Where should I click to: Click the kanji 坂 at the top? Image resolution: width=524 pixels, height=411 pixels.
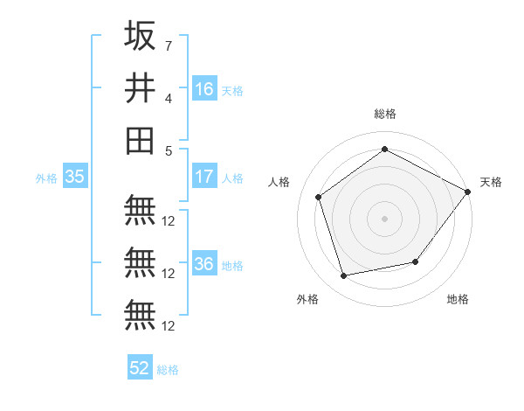point(140,37)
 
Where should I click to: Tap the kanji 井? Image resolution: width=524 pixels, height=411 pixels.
point(140,87)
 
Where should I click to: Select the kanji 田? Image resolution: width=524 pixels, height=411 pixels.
point(140,140)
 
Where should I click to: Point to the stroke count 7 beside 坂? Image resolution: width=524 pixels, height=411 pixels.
point(168,45)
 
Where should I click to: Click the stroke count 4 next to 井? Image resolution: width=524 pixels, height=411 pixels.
point(168,98)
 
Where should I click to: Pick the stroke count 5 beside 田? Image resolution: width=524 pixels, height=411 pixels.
point(168,150)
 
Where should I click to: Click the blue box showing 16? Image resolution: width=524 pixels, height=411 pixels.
point(204,88)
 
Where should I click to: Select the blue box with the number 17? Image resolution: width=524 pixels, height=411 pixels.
point(204,177)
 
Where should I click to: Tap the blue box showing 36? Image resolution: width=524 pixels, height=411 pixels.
point(204,265)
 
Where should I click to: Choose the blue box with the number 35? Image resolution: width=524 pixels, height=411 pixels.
point(74,177)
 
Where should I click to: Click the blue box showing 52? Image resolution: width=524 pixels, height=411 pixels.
point(140,368)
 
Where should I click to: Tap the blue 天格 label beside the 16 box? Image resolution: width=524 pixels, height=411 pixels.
point(232,90)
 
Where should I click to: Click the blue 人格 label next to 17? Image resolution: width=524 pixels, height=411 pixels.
point(232,178)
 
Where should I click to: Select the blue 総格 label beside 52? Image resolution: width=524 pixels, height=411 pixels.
point(168,370)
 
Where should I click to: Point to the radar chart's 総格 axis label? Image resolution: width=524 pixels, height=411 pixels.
point(384,114)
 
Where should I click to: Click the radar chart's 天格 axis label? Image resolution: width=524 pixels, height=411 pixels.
point(491,182)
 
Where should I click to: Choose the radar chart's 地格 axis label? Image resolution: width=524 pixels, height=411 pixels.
point(458,299)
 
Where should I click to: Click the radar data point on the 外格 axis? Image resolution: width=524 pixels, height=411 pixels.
point(344,276)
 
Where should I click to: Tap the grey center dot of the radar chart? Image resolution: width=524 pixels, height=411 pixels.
point(384,218)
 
